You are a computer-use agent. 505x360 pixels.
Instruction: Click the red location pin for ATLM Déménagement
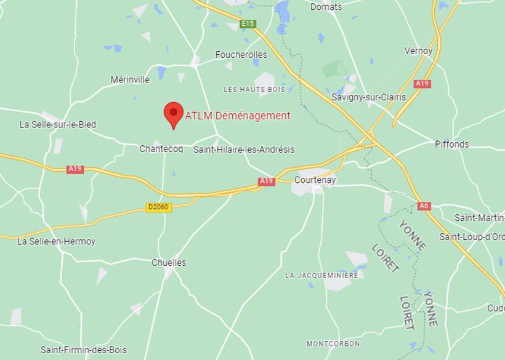pyautogui.click(x=174, y=114)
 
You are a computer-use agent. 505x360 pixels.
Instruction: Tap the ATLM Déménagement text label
pyautogui.click(x=238, y=116)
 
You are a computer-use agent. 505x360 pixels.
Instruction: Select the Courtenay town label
pyautogui.click(x=315, y=180)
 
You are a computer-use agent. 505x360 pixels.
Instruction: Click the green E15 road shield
pyautogui.click(x=248, y=24)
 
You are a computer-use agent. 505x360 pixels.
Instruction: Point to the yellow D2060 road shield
pyautogui.click(x=158, y=207)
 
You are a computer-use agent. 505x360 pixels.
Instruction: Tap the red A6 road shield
pyautogui.click(x=424, y=206)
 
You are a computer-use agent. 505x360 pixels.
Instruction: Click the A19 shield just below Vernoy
pyautogui.click(x=422, y=84)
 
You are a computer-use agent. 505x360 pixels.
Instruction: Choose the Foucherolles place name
pyautogui.click(x=241, y=55)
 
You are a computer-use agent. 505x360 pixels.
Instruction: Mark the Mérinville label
pyautogui.click(x=130, y=80)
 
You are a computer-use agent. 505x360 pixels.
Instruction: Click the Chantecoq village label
pyautogui.click(x=161, y=150)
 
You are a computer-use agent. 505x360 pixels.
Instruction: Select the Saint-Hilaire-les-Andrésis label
pyautogui.click(x=244, y=150)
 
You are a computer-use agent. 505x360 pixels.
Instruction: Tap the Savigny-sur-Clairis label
pyautogui.click(x=369, y=97)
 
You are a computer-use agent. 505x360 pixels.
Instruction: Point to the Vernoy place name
pyautogui.click(x=418, y=51)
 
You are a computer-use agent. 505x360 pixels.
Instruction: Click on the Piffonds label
pyautogui.click(x=452, y=145)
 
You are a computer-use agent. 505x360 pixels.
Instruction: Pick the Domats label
pyautogui.click(x=326, y=7)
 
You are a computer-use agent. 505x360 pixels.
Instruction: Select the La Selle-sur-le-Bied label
pyautogui.click(x=58, y=124)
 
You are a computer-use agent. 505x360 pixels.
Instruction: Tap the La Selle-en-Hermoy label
pyautogui.click(x=56, y=242)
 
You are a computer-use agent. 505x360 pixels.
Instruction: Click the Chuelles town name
pyautogui.click(x=169, y=263)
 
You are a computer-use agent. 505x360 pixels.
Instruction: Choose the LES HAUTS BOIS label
pyautogui.click(x=254, y=90)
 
